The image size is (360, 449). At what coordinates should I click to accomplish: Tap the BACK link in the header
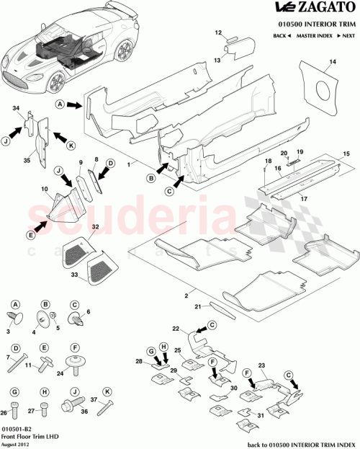(x=279, y=35)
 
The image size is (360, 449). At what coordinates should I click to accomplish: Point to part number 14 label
(x=332, y=63)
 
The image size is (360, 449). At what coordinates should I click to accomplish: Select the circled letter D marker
(x=112, y=164)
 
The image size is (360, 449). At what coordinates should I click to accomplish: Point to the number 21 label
(x=197, y=306)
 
